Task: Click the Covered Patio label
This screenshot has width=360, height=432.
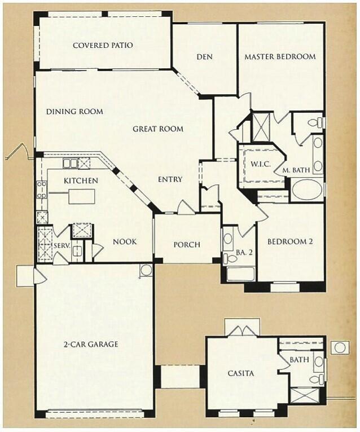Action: coord(103,45)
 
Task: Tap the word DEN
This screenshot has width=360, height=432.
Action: coord(204,56)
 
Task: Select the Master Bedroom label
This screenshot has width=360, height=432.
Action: coord(280,56)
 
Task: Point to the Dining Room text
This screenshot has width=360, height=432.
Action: coord(74,112)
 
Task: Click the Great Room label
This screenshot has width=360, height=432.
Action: coord(158,129)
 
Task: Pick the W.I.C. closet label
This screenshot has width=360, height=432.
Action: coord(261,164)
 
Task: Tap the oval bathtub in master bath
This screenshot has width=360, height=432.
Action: coord(307,190)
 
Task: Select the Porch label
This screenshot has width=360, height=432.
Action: coord(187,245)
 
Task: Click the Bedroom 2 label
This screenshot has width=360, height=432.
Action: coord(290,241)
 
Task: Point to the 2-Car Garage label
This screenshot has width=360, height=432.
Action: coord(91,344)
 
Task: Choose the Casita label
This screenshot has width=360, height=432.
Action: coord(241,373)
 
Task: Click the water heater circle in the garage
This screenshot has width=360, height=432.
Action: coord(146,270)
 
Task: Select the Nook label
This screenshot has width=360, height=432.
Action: coord(125,241)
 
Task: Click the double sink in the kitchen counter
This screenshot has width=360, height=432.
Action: coord(71,164)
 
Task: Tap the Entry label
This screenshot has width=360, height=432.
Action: coord(170,179)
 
